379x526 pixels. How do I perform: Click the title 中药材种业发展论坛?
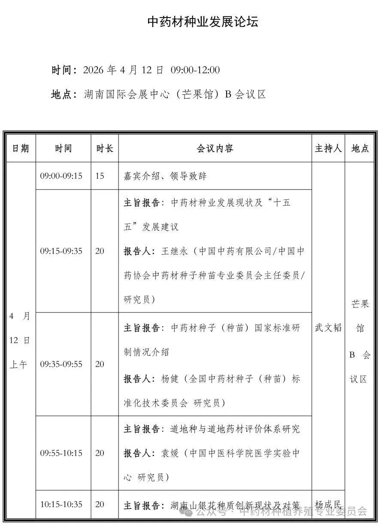[203, 22]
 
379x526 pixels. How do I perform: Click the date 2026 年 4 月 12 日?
[123, 70]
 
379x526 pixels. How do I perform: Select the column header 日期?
[21, 148]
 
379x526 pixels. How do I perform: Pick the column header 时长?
[105, 148]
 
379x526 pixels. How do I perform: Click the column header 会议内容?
[215, 148]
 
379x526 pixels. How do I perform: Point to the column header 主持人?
[328, 148]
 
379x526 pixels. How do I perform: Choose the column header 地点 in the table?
[360, 148]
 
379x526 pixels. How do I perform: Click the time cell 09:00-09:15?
[61, 176]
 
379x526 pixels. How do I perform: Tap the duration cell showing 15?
[100, 176]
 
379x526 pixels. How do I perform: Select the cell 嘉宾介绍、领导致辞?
[165, 176]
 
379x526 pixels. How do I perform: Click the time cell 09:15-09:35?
[61, 251]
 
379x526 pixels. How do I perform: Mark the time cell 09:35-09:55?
[61, 364]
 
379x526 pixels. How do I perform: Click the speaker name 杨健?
[169, 379]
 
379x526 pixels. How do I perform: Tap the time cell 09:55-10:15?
[61, 453]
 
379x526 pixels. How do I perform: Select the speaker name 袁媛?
[169, 453]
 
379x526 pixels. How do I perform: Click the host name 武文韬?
[328, 328]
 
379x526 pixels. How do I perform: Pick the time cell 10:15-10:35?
[61, 504]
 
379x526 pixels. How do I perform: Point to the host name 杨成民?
[328, 504]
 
